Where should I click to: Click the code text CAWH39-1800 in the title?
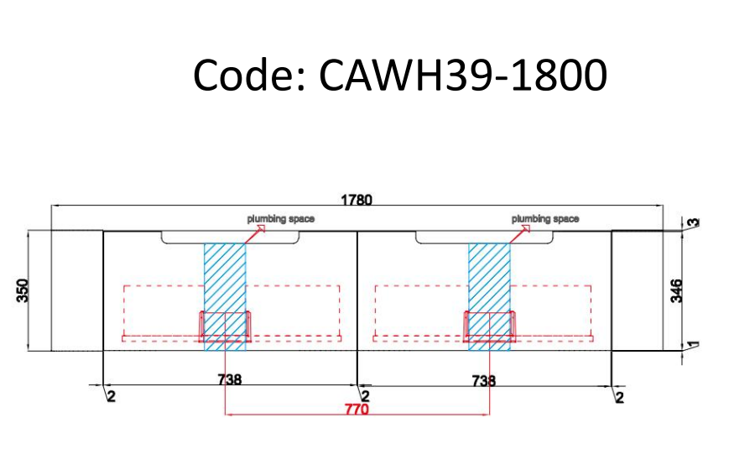[462, 76]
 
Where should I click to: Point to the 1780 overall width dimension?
[357, 201]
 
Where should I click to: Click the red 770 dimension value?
[357, 410]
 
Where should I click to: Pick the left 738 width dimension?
[230, 379]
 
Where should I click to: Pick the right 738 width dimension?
[483, 379]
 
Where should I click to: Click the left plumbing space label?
[281, 219]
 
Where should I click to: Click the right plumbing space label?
[545, 219]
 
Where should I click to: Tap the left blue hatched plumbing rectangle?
[225, 277]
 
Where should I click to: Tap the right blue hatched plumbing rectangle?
[489, 277]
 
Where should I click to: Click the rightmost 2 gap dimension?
[620, 396]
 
